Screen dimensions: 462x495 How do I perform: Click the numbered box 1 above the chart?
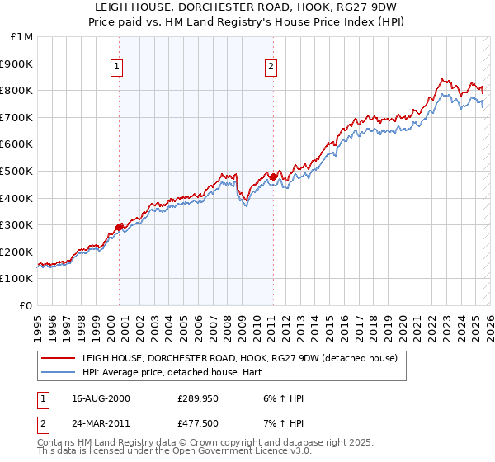point(116,68)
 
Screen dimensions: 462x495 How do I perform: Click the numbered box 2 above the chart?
point(271,68)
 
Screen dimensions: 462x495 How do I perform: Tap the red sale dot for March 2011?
point(273,177)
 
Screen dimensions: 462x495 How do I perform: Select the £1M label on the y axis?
point(22,37)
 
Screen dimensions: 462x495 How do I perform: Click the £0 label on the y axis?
point(26,305)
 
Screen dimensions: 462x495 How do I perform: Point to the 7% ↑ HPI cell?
point(283,425)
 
